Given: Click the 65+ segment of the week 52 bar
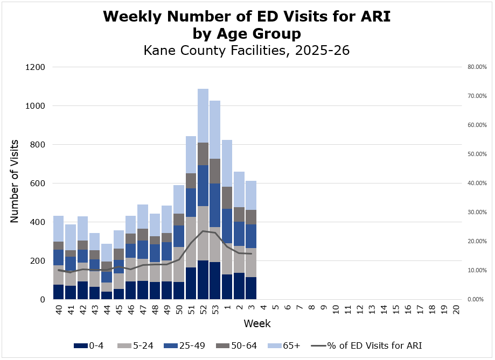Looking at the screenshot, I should click(203, 116).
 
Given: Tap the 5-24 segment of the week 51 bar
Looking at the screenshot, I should click(191, 242).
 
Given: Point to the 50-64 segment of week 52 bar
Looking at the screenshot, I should click(203, 154).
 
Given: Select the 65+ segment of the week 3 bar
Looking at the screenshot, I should click(252, 195).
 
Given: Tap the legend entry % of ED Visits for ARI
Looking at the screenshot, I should click(366, 345).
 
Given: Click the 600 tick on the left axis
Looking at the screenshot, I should click(38, 183).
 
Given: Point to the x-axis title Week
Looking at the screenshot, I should click(257, 323).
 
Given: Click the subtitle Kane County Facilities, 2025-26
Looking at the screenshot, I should click(247, 51).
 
